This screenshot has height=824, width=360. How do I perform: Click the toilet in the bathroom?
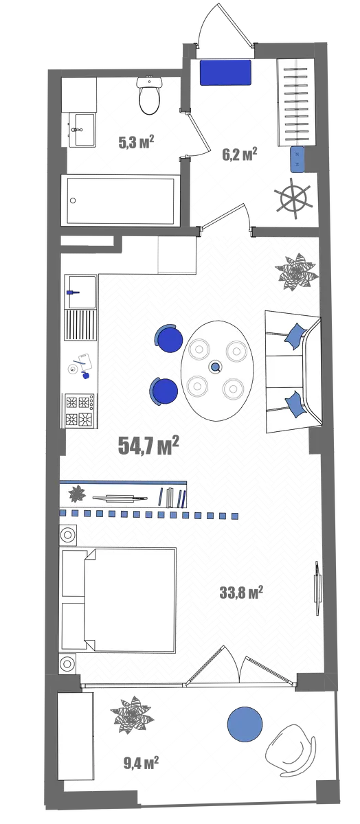pyautogui.click(x=149, y=95)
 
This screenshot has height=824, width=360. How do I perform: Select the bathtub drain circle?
pyautogui.click(x=73, y=201)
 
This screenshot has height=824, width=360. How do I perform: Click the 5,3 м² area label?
pyautogui.click(x=136, y=142)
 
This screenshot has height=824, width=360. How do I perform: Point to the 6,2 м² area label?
pyautogui.click(x=239, y=154)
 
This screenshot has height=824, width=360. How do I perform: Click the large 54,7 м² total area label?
pyautogui.click(x=148, y=446)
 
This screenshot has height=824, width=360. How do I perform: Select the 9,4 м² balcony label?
pyautogui.click(x=141, y=764)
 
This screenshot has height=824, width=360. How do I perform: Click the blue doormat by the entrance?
pyautogui.click(x=225, y=73)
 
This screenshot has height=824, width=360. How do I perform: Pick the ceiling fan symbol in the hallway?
pyautogui.click(x=295, y=199)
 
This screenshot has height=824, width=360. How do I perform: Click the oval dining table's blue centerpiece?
pyautogui.click(x=214, y=367)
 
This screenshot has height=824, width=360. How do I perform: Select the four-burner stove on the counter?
pyautogui.click(x=80, y=411)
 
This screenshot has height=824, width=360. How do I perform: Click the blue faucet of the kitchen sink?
pyautogui.click(x=73, y=293)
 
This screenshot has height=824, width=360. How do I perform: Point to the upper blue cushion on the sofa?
pyautogui.click(x=296, y=336)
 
